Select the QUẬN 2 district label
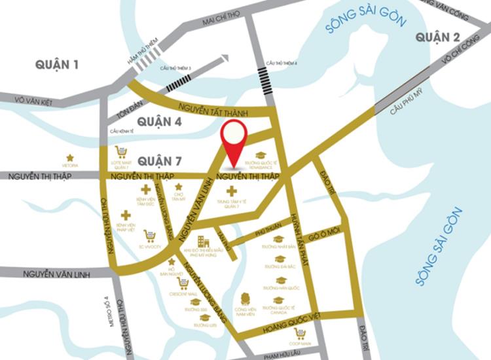438,37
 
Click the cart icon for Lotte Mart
121,152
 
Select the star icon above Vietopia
69,158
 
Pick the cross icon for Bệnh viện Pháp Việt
125,215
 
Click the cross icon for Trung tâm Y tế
231,190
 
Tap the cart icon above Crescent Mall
183,283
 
